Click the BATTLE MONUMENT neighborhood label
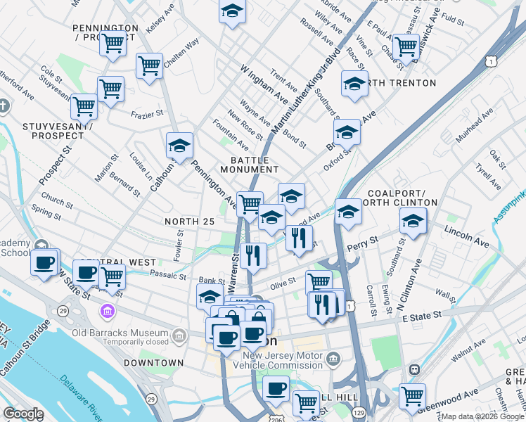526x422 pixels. (x=249, y=165)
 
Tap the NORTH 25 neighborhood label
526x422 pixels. (x=188, y=222)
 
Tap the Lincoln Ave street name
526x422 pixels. (x=466, y=236)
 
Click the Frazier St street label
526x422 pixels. (x=147, y=113)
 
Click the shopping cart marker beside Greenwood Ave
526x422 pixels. (x=412, y=395)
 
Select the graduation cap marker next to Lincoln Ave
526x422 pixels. (x=413, y=220)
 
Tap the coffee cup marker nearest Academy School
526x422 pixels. (x=44, y=264)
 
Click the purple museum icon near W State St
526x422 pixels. (x=107, y=310)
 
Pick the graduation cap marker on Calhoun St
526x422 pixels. (x=179, y=146)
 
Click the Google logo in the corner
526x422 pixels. (x=23, y=414)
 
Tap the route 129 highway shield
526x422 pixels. (x=359, y=411)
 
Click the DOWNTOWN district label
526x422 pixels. (x=153, y=363)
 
